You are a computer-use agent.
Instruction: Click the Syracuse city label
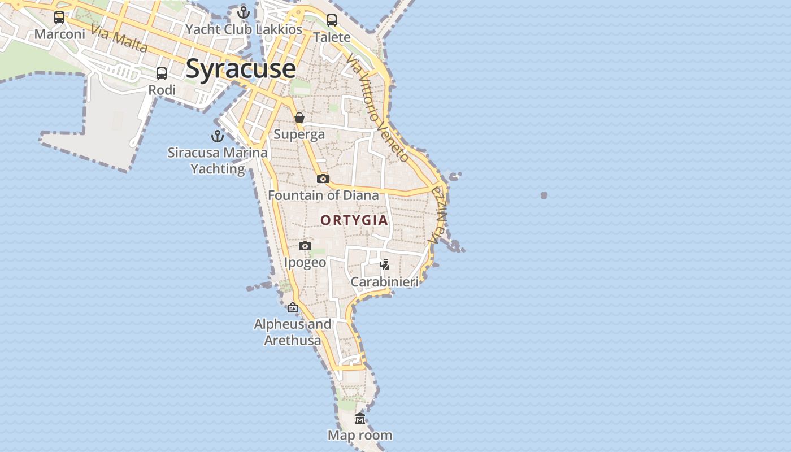coord(240,69)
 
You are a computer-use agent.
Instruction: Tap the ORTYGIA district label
coord(354,220)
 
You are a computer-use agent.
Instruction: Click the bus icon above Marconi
coord(59,18)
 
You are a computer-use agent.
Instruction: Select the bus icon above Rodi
coord(162,73)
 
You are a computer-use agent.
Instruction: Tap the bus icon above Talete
coord(332,20)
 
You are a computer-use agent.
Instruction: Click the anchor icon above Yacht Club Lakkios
coord(244,12)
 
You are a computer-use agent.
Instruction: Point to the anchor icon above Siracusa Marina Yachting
coord(218,136)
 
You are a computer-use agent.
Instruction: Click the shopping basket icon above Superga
coord(299,118)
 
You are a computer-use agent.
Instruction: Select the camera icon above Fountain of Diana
coord(323,179)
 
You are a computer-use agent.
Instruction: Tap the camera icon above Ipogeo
coord(305,246)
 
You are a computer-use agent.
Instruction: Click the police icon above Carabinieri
coord(385,264)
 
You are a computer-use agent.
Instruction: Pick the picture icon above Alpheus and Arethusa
coord(293,308)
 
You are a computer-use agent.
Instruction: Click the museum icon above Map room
coord(360,419)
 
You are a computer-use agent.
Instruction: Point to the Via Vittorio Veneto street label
coord(377,107)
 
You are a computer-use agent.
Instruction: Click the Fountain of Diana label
coord(323,195)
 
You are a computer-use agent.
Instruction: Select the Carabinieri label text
coord(385,281)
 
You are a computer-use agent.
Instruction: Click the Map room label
coord(360,435)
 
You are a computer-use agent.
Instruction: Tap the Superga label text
coord(299,134)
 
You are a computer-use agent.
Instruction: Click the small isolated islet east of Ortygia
coord(544,195)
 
